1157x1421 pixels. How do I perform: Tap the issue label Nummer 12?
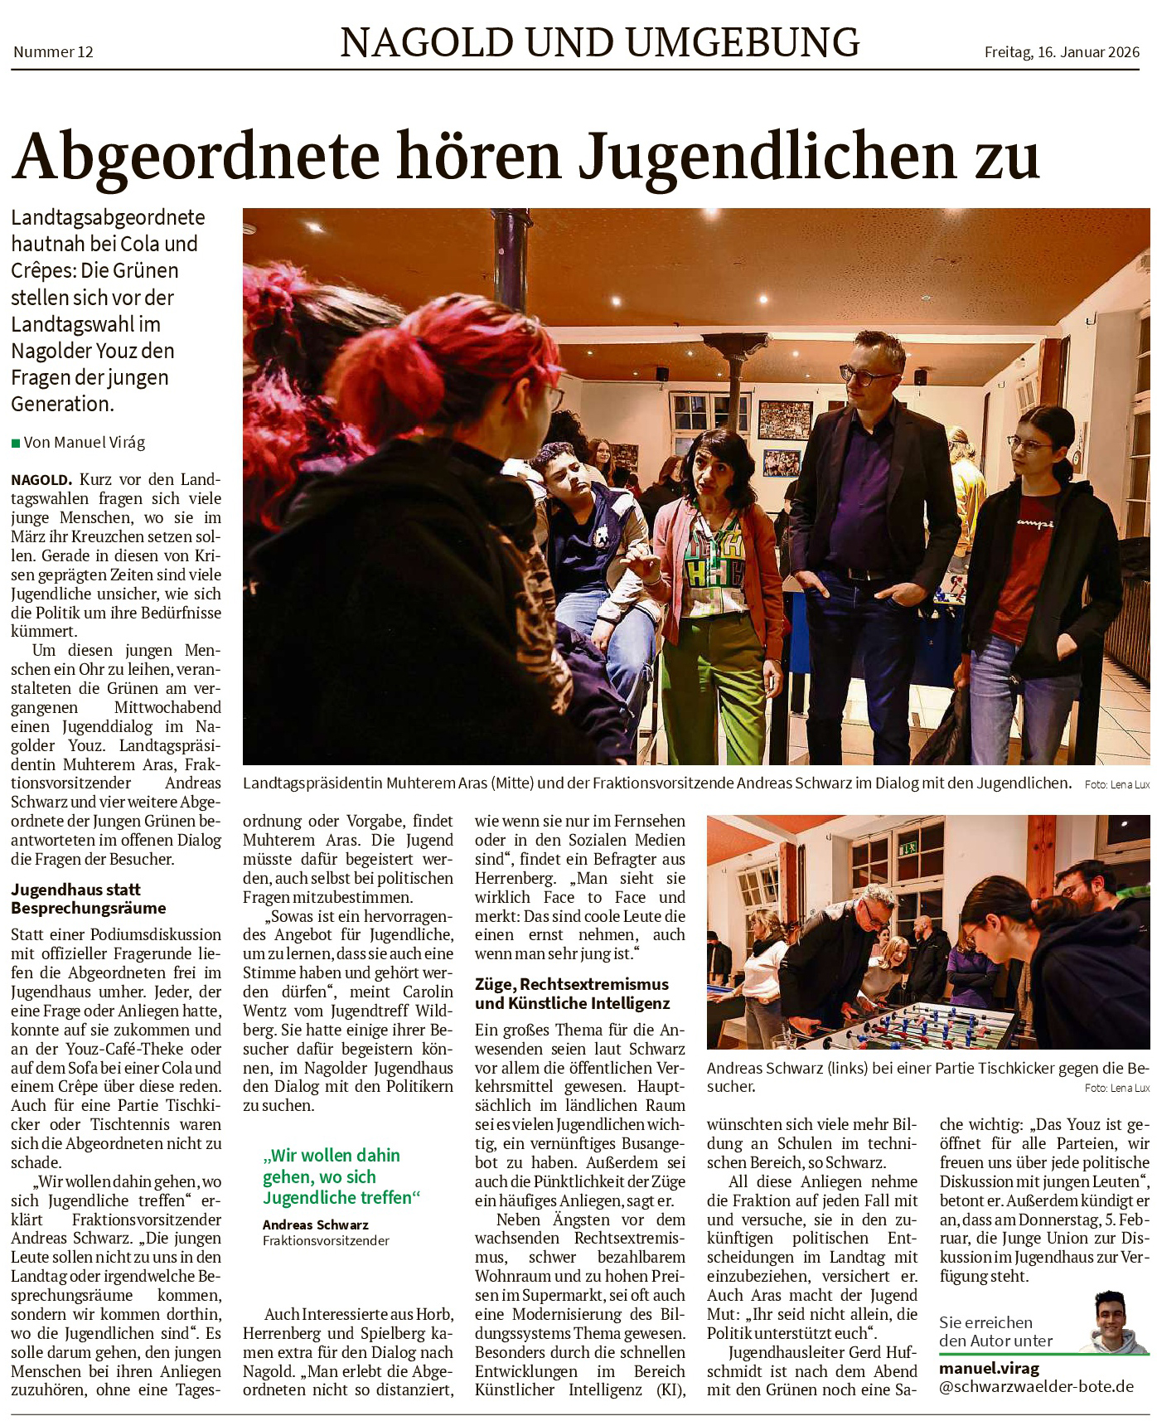click(x=53, y=52)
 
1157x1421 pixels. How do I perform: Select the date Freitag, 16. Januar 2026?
click(x=1062, y=52)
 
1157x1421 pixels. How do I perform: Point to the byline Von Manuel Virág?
click(x=84, y=443)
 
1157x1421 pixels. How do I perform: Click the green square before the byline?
click(x=16, y=444)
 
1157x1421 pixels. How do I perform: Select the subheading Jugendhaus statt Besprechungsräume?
click(x=89, y=899)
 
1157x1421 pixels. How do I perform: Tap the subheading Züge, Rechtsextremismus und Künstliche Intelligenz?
click(x=572, y=993)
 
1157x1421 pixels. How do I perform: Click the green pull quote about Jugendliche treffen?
click(x=341, y=1176)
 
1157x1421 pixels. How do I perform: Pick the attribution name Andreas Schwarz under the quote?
click(x=316, y=1225)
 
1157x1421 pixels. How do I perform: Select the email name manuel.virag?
click(x=989, y=1368)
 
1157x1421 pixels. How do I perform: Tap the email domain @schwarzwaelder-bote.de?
click(x=1036, y=1386)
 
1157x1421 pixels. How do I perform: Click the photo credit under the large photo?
click(x=1116, y=784)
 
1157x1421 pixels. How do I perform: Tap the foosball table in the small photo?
click(x=920, y=1026)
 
